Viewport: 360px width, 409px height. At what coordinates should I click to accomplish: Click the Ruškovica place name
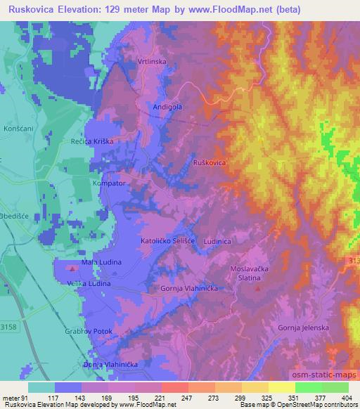pyautogui.click(x=209, y=162)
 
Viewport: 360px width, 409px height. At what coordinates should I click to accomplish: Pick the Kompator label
pyautogui.click(x=108, y=183)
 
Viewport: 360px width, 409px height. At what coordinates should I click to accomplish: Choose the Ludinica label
pyautogui.click(x=217, y=240)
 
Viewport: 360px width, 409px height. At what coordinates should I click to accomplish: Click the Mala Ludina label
pyautogui.click(x=102, y=262)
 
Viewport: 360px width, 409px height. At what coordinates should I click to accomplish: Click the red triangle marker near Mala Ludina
pyautogui.click(x=73, y=268)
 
